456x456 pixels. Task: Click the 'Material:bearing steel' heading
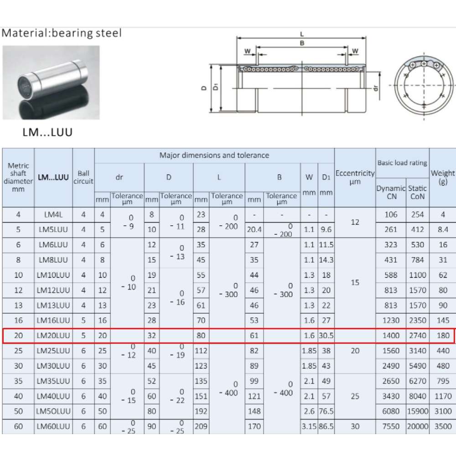(x=62, y=33)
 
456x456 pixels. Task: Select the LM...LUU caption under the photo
(x=47, y=132)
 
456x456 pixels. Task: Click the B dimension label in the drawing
(x=302, y=43)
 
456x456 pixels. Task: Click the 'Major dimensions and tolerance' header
(x=214, y=155)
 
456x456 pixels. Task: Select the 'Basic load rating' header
(x=402, y=163)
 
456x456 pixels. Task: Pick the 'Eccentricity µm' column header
(x=355, y=177)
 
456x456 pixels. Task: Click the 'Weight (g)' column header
(x=442, y=177)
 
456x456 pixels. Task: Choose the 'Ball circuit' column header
(x=83, y=177)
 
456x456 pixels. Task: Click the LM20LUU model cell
(x=53, y=336)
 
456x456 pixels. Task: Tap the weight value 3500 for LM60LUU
(x=443, y=426)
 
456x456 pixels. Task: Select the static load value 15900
(x=417, y=411)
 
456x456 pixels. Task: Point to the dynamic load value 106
(x=391, y=215)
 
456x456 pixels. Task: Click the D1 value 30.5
(x=326, y=336)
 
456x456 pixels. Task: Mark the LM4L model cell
(x=53, y=215)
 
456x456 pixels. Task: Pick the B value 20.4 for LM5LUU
(x=254, y=230)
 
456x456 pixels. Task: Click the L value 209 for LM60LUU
(x=201, y=426)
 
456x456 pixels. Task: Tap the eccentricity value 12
(x=355, y=223)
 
